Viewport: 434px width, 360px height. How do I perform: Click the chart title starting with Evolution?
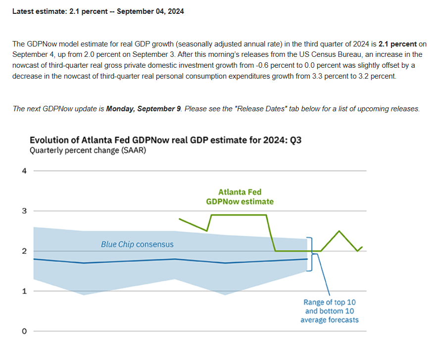(165, 140)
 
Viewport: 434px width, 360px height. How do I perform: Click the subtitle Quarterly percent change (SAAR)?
(88, 150)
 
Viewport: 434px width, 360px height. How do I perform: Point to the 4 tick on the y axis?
(24, 171)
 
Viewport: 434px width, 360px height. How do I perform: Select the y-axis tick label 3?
(24, 211)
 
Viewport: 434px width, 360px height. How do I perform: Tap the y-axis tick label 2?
(24, 251)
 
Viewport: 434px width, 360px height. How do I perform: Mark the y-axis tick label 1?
(24, 291)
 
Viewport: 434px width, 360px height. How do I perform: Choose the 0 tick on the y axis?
(24, 331)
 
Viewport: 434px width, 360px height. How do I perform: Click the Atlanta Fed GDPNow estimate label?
(240, 196)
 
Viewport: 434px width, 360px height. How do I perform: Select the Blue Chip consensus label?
(137, 244)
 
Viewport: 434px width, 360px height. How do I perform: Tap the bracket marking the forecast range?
(311, 254)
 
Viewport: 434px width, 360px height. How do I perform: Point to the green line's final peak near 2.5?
(339, 231)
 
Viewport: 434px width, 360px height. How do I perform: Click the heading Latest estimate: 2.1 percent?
(98, 11)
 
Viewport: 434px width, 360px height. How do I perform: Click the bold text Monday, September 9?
(144, 109)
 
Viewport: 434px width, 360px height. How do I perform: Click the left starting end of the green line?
(179, 219)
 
